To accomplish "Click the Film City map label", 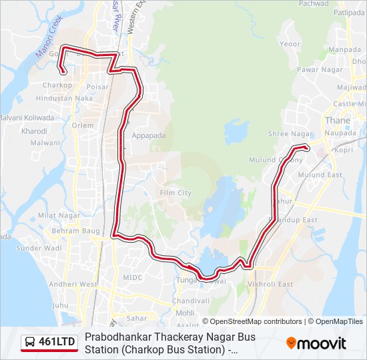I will [x=175, y=193].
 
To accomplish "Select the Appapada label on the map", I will [x=149, y=135].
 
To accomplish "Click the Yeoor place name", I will [x=290, y=44].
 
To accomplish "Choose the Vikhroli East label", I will [x=270, y=284].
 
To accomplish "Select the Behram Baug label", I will [x=75, y=231].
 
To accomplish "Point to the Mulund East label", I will [x=320, y=175].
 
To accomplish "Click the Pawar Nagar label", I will [x=320, y=69].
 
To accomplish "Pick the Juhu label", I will [x=60, y=305].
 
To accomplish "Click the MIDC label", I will [x=133, y=277].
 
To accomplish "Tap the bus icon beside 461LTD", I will [x=30, y=343].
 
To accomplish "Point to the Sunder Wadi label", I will [x=39, y=248].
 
